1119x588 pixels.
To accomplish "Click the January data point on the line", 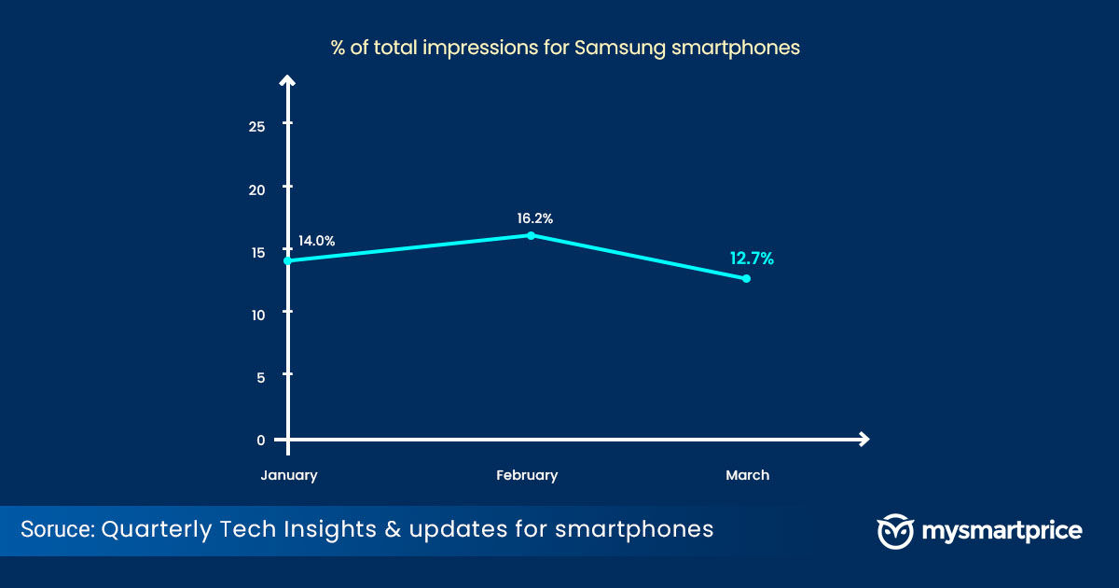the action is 288,261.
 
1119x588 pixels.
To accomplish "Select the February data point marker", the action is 531,235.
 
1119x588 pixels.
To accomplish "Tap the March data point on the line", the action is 746,278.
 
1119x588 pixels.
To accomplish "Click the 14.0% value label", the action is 316,241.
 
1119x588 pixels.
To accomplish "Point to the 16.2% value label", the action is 534,218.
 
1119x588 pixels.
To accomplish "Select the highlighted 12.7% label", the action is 752,259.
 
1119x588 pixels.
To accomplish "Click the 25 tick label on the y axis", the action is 256,127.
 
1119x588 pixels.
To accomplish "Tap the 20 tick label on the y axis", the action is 256,190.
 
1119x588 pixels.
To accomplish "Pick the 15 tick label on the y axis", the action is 257,253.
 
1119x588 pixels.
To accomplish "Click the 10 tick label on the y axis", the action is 257,315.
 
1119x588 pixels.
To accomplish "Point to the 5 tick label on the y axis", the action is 261,378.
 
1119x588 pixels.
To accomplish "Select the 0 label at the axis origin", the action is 261,441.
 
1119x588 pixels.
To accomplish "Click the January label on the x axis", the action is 289,475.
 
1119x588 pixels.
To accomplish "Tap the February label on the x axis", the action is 527,475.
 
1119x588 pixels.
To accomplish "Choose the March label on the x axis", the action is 747,475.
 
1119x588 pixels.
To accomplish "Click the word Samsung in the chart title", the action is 620,48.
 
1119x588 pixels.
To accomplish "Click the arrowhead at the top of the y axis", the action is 287,81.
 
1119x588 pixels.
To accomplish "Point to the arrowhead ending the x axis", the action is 863,440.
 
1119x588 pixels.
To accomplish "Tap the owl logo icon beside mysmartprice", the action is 895,531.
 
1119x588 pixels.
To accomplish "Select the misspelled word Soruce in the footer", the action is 58,529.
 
